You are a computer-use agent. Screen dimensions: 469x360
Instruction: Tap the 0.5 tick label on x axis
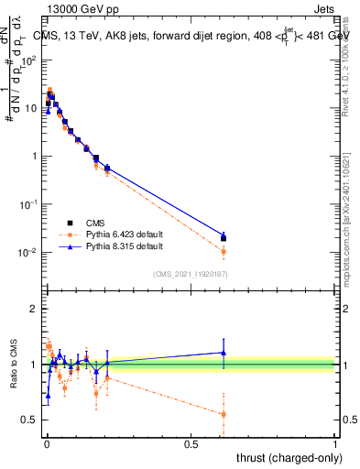[191, 443]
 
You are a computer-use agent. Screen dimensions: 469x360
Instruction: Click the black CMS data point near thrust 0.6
[224, 238]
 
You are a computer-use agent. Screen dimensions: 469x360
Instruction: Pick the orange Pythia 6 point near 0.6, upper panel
[224, 251]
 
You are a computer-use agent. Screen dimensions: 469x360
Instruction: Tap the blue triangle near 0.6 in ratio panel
[224, 352]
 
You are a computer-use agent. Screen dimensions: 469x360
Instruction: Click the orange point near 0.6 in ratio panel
[224, 414]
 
